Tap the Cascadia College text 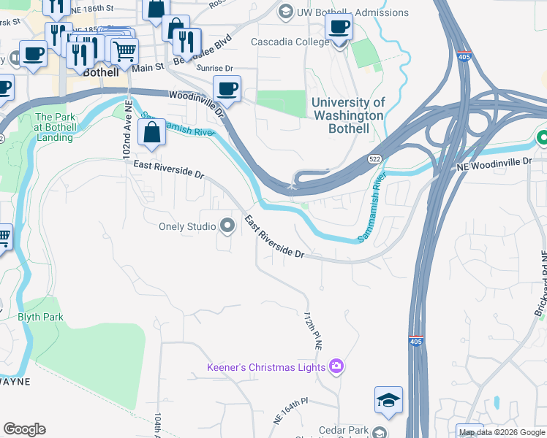coord(288,42)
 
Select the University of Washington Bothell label coord(348,115)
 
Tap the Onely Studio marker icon coord(227,226)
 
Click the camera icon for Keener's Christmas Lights coord(336,366)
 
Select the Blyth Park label coord(40,318)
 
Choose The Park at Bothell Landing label coord(55,127)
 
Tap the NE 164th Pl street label coord(292,409)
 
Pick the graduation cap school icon coord(388,400)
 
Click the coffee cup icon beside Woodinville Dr coord(227,89)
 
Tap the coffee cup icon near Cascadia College coord(339,28)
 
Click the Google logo coord(24,429)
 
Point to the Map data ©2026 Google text coord(502,432)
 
